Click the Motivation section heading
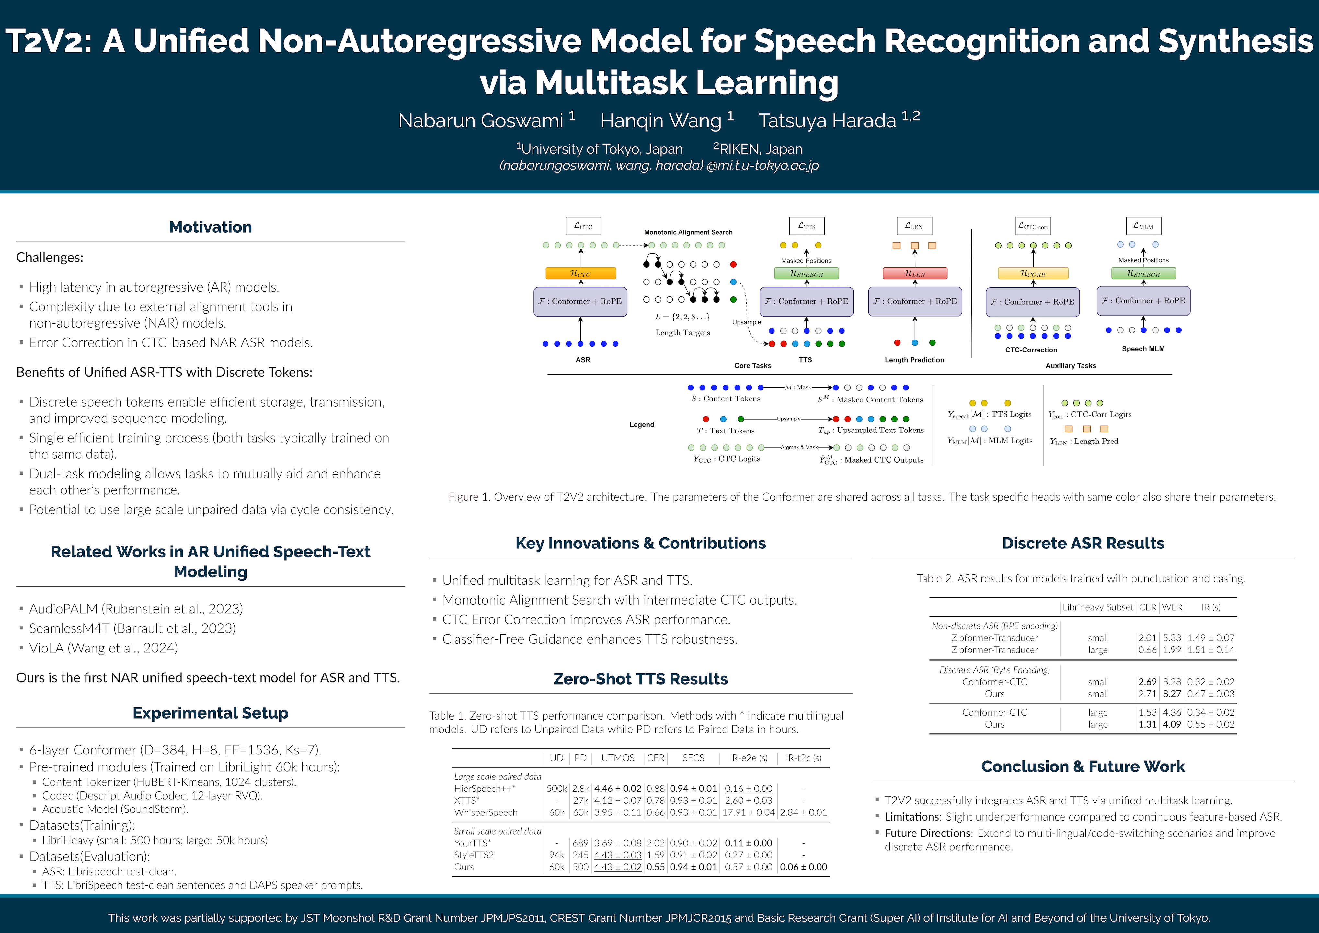tap(210, 227)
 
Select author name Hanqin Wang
tap(661, 121)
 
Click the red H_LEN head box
tap(914, 273)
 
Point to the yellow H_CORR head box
tap(1033, 273)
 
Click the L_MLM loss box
tap(1143, 226)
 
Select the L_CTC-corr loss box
tap(1033, 226)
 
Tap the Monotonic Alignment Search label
tap(688, 232)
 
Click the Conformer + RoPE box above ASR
tap(580, 301)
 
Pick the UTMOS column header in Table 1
tap(618, 758)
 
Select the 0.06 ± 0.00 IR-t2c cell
tap(803, 867)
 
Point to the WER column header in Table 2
tap(1172, 607)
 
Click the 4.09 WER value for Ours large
tap(1172, 724)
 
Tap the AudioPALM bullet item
tap(136, 608)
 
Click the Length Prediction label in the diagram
tap(914, 360)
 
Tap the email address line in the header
tap(659, 166)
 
